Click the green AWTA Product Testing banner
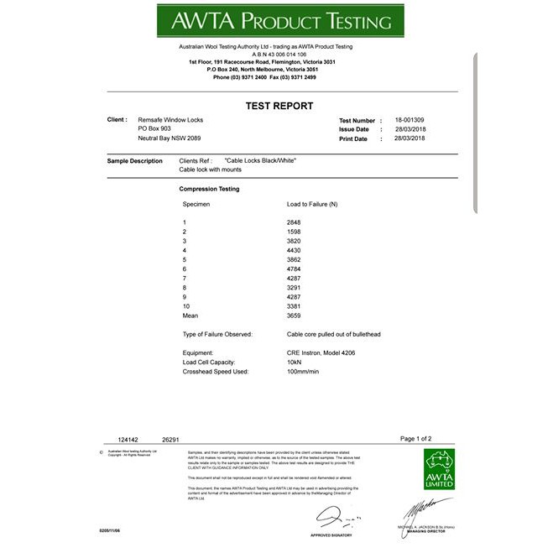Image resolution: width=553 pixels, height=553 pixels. click(x=279, y=21)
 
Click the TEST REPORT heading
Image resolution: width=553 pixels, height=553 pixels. click(x=279, y=106)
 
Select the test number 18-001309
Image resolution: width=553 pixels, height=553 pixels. click(x=410, y=120)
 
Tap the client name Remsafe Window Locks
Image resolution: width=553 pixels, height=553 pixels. click(x=170, y=120)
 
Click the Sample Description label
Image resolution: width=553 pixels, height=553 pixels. click(x=135, y=161)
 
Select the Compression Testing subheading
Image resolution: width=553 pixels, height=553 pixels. click(x=209, y=189)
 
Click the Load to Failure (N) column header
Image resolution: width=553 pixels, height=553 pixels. click(x=312, y=204)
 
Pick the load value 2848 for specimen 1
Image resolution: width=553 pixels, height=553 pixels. click(x=294, y=222)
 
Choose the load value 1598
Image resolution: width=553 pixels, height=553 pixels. click(x=294, y=232)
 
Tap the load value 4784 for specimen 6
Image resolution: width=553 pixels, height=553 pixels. click(x=294, y=269)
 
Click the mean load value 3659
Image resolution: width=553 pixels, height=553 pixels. click(x=294, y=316)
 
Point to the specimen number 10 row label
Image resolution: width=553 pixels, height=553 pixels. click(x=187, y=306)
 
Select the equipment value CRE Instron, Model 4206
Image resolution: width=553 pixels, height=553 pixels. click(x=321, y=352)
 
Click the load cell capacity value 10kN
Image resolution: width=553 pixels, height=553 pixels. click(x=295, y=362)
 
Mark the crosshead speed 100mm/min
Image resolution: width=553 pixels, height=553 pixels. click(x=304, y=371)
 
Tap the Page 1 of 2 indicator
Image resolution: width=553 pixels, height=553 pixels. click(x=415, y=438)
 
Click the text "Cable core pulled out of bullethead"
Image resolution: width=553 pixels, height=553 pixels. click(x=333, y=334)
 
